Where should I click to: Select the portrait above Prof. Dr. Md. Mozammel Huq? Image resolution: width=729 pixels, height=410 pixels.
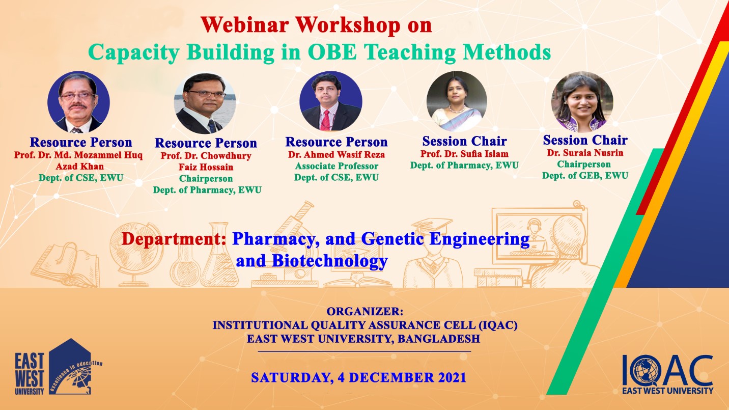78,102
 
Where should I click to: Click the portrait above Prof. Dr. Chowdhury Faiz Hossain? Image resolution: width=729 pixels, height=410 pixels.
205,103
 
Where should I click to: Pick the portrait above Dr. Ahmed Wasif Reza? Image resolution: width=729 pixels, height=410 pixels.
330,101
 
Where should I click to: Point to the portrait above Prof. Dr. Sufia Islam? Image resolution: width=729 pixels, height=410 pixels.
457,101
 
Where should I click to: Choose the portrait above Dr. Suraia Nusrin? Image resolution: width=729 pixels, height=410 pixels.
582,101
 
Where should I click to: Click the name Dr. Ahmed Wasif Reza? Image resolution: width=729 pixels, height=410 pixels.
337,155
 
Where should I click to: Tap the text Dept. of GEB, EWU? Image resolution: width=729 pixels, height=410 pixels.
585,176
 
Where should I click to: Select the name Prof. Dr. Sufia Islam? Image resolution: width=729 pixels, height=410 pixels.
464,154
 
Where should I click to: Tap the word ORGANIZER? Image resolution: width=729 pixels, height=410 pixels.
364,312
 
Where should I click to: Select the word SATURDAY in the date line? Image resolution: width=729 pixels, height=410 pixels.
292,378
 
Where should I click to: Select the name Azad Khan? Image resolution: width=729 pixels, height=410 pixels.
80,167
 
